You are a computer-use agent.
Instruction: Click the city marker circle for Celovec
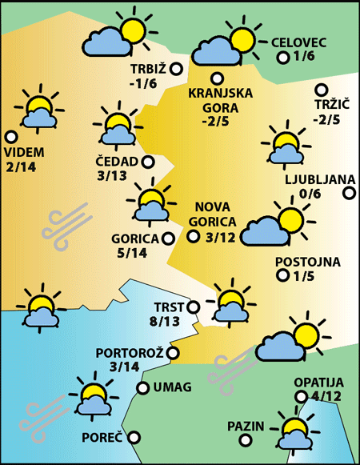tap(282, 58)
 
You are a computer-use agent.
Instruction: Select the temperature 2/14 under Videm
tap(21, 166)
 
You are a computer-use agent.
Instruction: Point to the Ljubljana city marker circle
tap(349, 193)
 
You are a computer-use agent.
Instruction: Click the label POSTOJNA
tap(307, 262)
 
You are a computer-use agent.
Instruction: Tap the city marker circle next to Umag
tap(142, 388)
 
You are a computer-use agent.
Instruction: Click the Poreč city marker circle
tap(134, 437)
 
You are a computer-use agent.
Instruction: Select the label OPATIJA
tap(318, 382)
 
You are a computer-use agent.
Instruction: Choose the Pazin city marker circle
tap(273, 426)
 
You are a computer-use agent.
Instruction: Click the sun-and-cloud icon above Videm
tap(37, 108)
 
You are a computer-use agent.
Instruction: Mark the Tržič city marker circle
tap(322, 90)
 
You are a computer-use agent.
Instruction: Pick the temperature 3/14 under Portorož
tap(129, 367)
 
